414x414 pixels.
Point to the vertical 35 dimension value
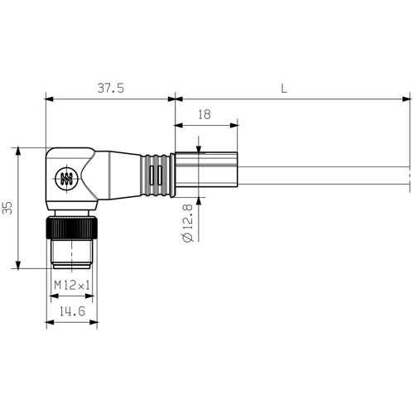tap(8, 207)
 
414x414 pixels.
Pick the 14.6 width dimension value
tap(72, 310)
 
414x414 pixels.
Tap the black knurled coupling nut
tap(71, 226)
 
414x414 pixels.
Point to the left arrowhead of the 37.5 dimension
tap(50, 99)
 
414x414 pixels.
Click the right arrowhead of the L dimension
tap(405, 99)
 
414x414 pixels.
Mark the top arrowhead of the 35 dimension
tap(17, 151)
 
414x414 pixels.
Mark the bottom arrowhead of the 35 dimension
tap(17, 264)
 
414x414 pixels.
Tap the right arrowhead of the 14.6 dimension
tap(94, 322)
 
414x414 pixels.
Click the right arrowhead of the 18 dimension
tap(235, 125)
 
